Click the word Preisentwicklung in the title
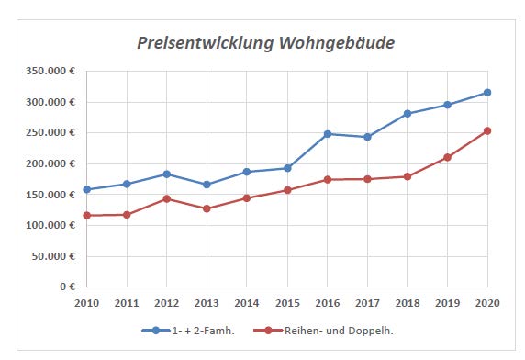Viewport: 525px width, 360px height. [x=206, y=43]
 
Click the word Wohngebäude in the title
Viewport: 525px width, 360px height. [x=337, y=43]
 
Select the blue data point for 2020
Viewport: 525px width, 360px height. [x=487, y=93]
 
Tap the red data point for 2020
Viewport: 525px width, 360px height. [x=487, y=131]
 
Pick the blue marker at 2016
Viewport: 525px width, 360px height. [x=328, y=134]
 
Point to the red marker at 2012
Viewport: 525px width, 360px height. [x=167, y=199]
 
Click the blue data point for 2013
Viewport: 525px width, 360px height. [x=207, y=185]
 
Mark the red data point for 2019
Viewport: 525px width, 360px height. [x=447, y=157]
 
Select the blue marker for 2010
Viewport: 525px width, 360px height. [x=86, y=189]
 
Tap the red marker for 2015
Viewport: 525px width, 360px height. [x=287, y=190]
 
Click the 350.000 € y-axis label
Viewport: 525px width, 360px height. [x=50, y=71]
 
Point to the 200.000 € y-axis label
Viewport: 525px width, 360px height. [x=50, y=163]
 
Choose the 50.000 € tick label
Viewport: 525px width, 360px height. [x=53, y=256]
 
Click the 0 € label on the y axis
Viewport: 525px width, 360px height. [x=68, y=287]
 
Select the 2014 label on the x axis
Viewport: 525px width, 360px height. [x=247, y=303]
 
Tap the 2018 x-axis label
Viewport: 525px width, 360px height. [x=408, y=303]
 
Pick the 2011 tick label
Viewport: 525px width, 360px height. [x=127, y=303]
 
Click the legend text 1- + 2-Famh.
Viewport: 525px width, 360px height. [x=203, y=331]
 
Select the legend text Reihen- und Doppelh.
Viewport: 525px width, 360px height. [x=339, y=331]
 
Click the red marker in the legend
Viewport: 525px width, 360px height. [x=268, y=331]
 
